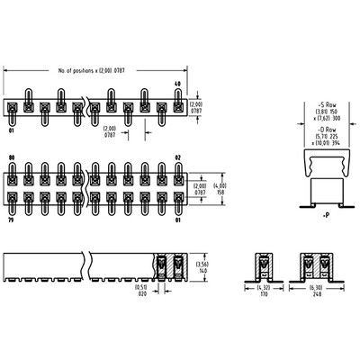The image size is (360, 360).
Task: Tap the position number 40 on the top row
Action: (x=176, y=84)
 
